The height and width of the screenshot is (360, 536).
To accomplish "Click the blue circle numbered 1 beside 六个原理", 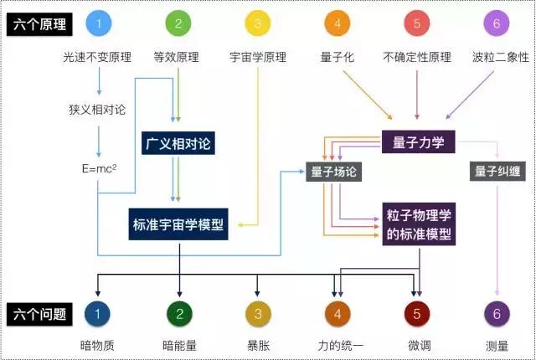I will click(x=99, y=24).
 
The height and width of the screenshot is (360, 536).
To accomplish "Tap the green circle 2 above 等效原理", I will click(x=178, y=24).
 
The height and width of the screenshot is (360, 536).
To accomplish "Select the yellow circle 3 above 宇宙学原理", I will click(x=257, y=24).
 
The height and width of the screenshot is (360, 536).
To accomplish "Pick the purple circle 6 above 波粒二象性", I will click(x=497, y=24).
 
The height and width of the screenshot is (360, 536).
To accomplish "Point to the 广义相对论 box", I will click(x=179, y=144).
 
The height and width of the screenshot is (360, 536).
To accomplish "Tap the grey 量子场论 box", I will click(x=333, y=172).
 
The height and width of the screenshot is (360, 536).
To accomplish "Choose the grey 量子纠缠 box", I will click(x=497, y=172).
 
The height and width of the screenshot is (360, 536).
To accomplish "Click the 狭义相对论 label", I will click(x=99, y=109).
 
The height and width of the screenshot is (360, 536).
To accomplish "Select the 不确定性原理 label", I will click(x=416, y=57).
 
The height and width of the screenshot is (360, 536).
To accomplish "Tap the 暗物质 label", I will click(x=99, y=344).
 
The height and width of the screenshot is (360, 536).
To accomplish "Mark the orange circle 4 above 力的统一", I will click(x=338, y=314).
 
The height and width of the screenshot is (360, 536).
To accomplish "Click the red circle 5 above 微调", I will click(x=416, y=314).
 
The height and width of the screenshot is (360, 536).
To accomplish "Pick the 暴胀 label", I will click(x=257, y=344).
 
